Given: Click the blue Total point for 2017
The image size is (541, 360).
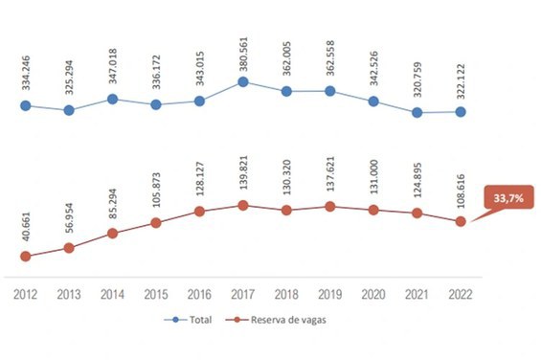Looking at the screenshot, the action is click(243, 81).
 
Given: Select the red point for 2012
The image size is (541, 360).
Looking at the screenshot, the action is click(26, 257).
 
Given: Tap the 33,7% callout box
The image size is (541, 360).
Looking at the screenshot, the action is click(508, 198).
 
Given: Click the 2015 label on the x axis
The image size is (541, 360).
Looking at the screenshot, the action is click(156, 295).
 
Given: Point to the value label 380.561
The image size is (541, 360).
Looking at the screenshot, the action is click(243, 55).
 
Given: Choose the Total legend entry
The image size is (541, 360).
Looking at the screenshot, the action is click(188, 320).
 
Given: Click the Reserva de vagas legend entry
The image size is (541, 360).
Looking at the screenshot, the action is click(276, 320).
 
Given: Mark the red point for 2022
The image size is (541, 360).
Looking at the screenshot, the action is click(461, 221).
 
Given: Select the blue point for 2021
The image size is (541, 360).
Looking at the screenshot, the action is click(417, 113).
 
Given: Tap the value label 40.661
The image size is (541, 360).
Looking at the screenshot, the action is click(26, 226).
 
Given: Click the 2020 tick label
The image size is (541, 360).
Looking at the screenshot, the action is click(373, 295).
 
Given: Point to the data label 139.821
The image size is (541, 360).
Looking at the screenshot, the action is click(243, 172).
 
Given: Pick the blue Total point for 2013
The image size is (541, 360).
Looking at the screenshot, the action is click(69, 110).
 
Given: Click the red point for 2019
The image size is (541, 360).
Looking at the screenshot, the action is click(330, 207).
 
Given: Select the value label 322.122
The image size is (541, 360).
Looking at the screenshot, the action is click(461, 81).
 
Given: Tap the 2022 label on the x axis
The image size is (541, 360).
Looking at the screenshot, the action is click(461, 295).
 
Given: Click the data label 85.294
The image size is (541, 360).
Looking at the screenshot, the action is click(113, 203).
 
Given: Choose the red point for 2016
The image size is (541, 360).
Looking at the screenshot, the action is click(199, 212).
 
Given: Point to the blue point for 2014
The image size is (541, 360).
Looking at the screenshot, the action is click(112, 100).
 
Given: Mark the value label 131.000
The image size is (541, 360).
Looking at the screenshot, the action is click(374, 177).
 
